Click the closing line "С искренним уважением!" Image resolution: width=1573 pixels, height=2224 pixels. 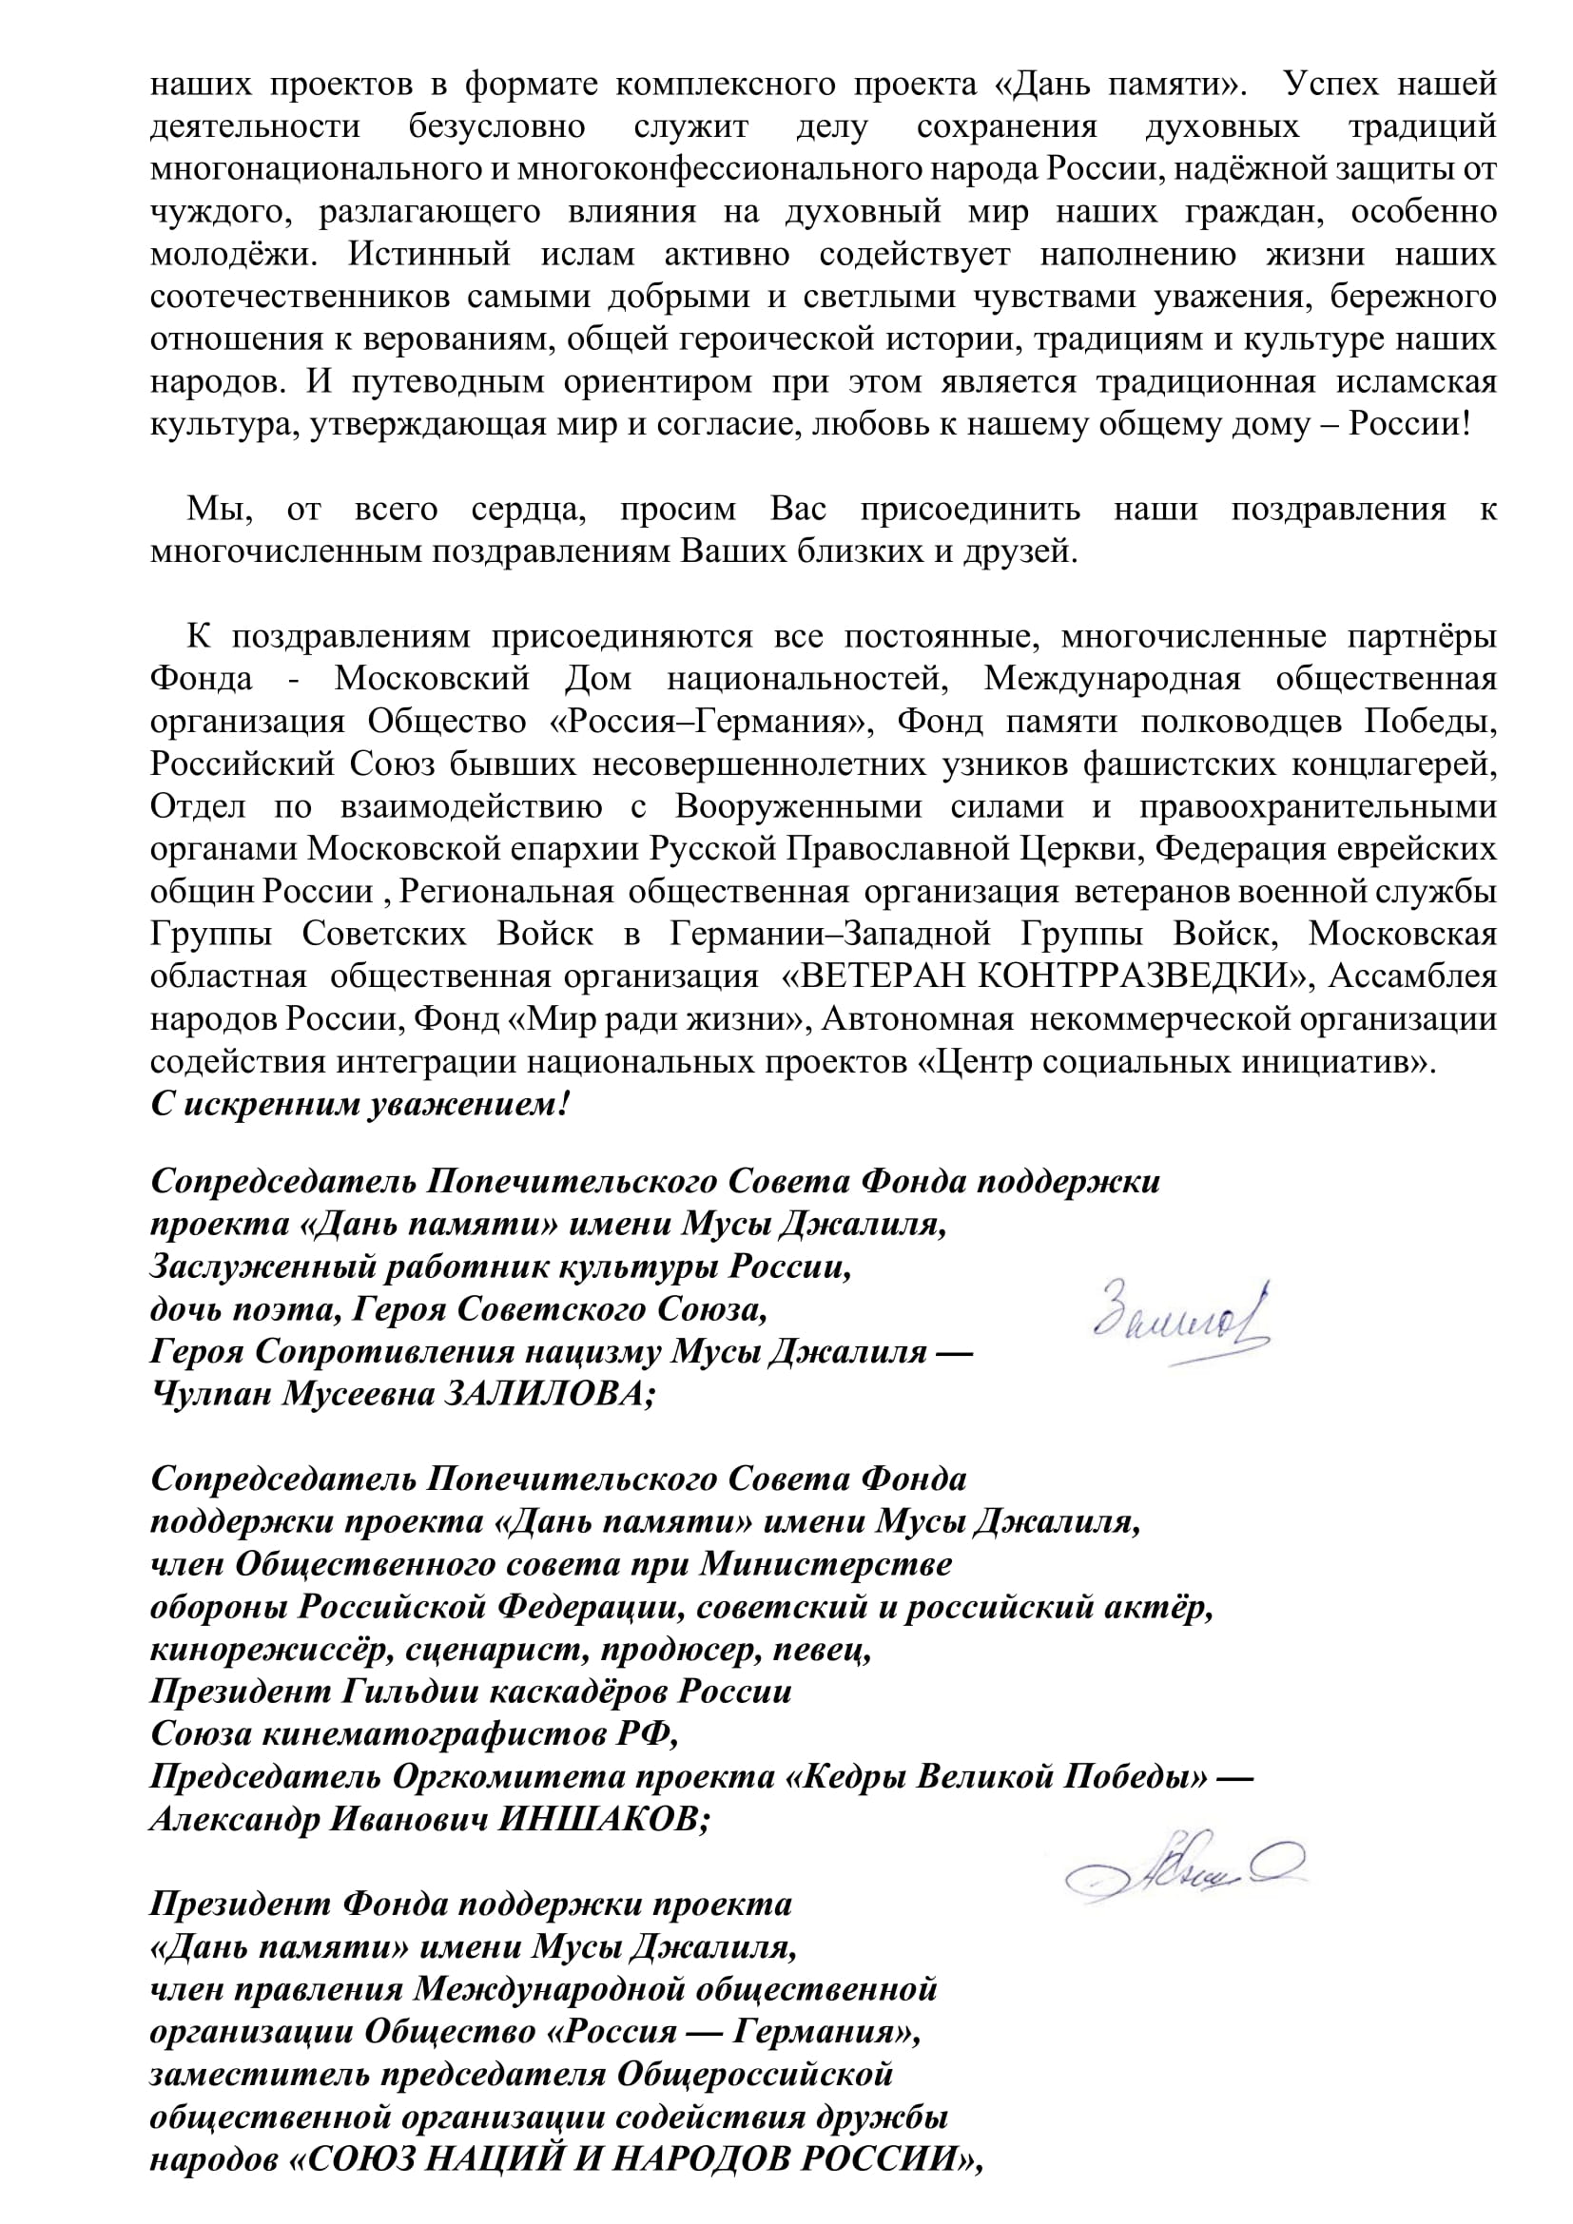[x=359, y=1103]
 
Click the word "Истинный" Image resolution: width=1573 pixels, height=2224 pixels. [x=429, y=254]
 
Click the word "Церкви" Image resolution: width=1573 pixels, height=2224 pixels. [x=1084, y=848]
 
